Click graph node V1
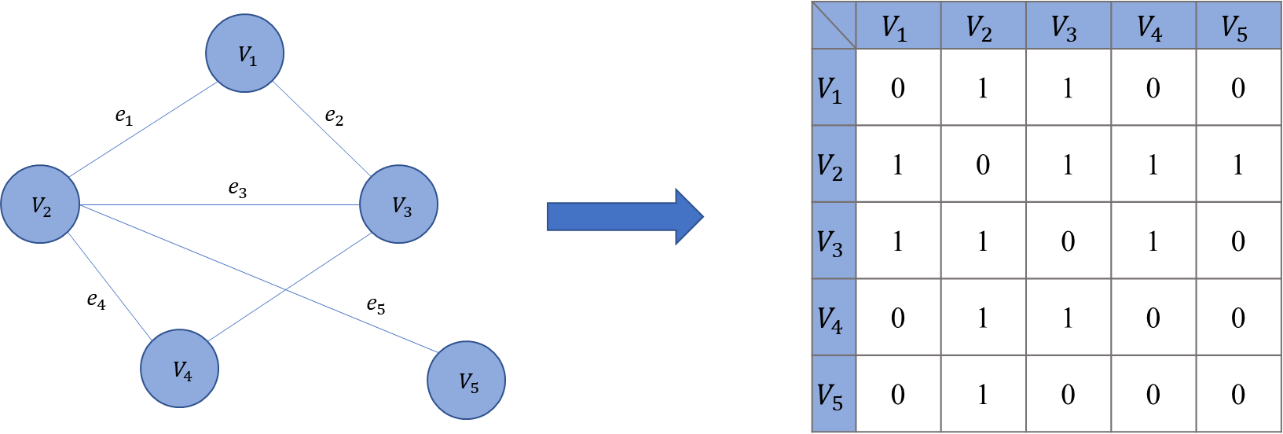[x=244, y=53]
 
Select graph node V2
[x=40, y=204]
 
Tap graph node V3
[x=398, y=204]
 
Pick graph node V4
[x=180, y=369]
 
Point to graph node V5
[x=466, y=381]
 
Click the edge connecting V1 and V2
[x=143, y=129]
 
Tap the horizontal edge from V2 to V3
[x=220, y=205]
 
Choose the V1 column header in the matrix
[x=898, y=27]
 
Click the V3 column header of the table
[x=1068, y=27]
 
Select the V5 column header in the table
[x=1237, y=27]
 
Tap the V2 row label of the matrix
[x=833, y=164]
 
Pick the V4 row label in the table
[x=833, y=318]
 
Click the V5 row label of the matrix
[x=833, y=394]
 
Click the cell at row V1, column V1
[x=898, y=87]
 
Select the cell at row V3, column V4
[x=1153, y=241]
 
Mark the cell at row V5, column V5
[x=1237, y=393]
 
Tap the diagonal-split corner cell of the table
[x=833, y=27]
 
